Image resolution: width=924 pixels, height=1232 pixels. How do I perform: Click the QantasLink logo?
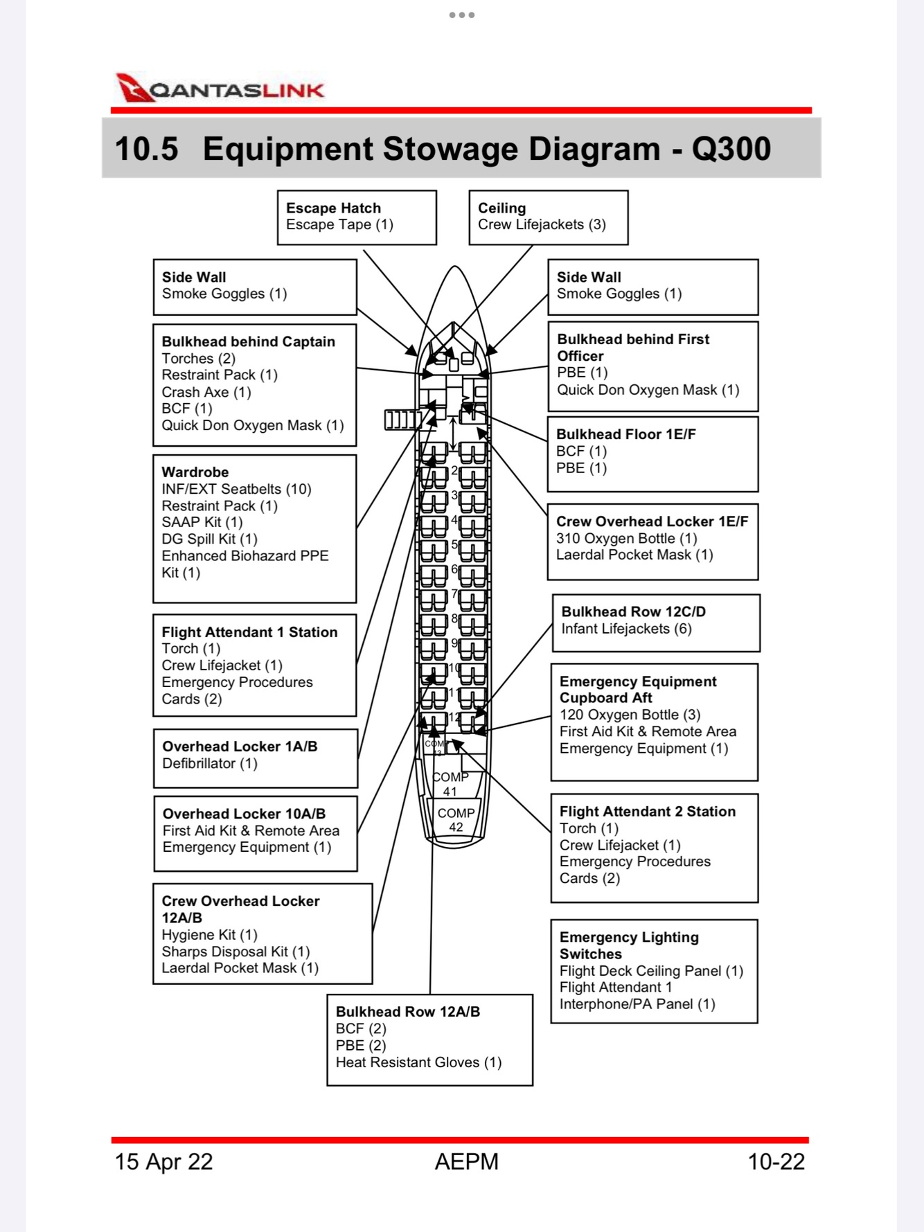tap(220, 89)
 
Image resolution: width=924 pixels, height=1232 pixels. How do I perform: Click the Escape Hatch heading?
tap(333, 208)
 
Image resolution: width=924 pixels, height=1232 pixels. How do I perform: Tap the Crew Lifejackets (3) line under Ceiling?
tap(542, 224)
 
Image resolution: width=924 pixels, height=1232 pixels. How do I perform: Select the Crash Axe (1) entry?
tap(206, 392)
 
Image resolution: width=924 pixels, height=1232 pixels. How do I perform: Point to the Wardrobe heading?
tap(195, 472)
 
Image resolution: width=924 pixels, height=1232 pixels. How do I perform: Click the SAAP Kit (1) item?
tap(202, 522)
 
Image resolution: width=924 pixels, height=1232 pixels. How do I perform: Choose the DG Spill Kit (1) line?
tap(209, 539)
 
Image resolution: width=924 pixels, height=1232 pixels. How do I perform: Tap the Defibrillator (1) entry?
tap(209, 763)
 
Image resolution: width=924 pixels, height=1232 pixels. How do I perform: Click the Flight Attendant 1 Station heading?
tap(249, 632)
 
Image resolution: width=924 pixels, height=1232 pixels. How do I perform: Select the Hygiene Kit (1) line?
tap(209, 935)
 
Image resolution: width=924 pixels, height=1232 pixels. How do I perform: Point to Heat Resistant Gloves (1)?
tap(418, 1062)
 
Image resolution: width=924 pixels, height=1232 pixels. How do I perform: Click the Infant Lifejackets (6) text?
tap(626, 629)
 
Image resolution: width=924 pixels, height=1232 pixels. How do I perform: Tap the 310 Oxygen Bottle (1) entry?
tap(626, 538)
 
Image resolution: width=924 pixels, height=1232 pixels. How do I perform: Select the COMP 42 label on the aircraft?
tap(456, 820)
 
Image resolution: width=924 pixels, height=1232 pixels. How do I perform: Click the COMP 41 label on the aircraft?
tap(450, 784)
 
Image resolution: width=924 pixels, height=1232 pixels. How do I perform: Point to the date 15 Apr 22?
tap(163, 1161)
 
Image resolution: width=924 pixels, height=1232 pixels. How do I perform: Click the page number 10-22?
tap(776, 1161)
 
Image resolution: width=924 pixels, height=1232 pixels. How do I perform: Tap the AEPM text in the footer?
tap(466, 1161)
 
